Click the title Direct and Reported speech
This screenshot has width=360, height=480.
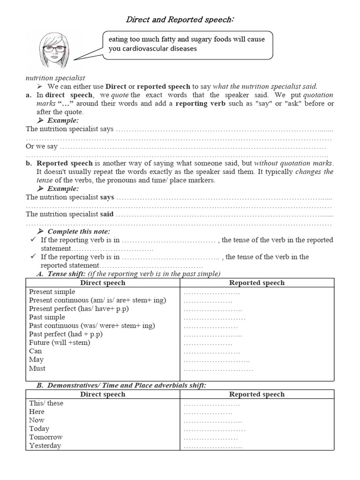click(180, 20)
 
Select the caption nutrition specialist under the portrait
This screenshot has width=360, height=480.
click(55, 78)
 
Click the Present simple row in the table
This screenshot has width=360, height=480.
click(52, 292)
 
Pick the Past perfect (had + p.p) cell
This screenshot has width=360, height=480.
click(66, 334)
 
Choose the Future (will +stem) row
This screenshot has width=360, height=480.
click(60, 343)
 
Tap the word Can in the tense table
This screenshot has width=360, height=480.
click(35, 351)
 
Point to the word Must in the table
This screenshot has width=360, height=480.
click(37, 368)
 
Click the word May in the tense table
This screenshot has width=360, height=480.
click(36, 360)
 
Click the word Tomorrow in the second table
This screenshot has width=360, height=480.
click(45, 437)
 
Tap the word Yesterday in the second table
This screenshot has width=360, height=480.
click(45, 446)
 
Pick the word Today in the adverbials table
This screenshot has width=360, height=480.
click(39, 428)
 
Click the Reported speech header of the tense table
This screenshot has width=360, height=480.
click(256, 283)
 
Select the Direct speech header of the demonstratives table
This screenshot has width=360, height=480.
click(103, 394)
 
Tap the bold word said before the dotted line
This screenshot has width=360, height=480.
click(107, 214)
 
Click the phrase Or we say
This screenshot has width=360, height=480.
click(42, 146)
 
